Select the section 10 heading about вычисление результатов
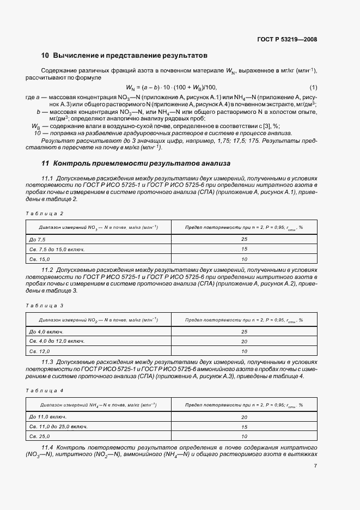click(x=124, y=56)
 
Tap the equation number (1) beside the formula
click(x=313, y=88)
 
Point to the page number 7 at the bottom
click(x=315, y=465)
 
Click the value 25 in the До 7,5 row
click(x=243, y=240)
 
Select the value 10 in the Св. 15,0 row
click(x=243, y=259)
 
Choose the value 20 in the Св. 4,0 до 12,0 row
click(x=243, y=342)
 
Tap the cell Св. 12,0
click(x=39, y=351)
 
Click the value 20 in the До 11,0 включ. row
click(x=243, y=417)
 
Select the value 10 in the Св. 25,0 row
click(x=243, y=436)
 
